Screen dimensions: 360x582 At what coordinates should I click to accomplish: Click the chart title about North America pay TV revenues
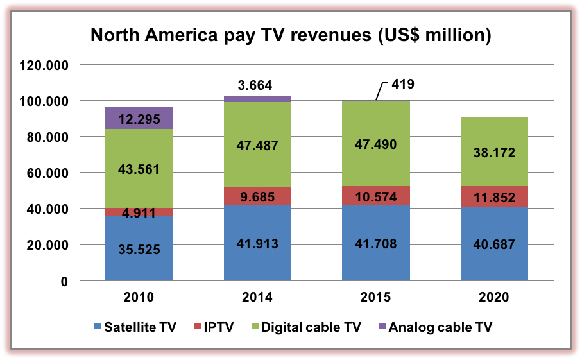(x=291, y=35)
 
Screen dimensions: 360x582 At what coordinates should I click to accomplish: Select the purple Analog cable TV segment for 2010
(x=139, y=118)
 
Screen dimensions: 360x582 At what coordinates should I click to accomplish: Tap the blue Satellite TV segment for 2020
(x=494, y=244)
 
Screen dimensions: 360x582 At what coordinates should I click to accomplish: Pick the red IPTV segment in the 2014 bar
(x=257, y=196)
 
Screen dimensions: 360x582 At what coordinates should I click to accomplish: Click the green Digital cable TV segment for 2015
(x=376, y=144)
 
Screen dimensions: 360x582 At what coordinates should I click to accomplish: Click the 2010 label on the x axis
(x=139, y=297)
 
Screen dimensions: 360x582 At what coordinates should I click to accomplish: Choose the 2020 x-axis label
(x=494, y=297)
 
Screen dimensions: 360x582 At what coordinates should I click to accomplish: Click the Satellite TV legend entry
(x=135, y=327)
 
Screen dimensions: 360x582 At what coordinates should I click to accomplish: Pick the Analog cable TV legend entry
(x=437, y=327)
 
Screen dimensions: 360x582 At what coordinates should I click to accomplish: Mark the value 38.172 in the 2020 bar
(x=494, y=153)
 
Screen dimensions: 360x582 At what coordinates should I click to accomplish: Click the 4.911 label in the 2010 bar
(x=139, y=212)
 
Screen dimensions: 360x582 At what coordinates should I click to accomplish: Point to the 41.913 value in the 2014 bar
(x=257, y=244)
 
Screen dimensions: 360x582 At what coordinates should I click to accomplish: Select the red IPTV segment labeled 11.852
(x=494, y=197)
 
